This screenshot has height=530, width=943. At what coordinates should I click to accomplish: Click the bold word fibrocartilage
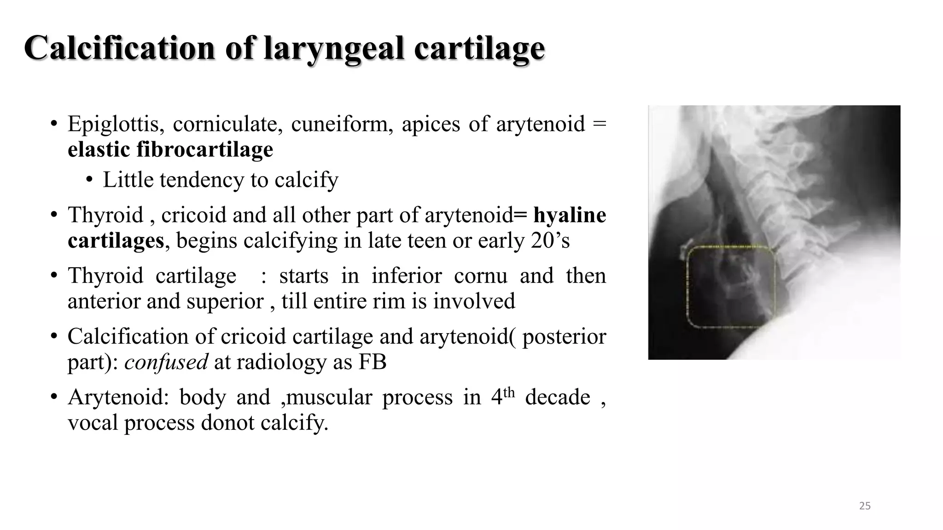[205, 150]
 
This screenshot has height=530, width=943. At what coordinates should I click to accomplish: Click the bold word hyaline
[570, 215]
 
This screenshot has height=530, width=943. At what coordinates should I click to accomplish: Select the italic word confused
[166, 362]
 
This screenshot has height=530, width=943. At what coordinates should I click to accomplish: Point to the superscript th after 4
[509, 392]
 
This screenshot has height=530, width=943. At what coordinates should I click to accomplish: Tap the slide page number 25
[865, 506]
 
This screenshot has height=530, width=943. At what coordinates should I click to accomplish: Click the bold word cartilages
[116, 241]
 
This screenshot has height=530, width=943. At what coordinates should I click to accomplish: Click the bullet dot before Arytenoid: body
[54, 397]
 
